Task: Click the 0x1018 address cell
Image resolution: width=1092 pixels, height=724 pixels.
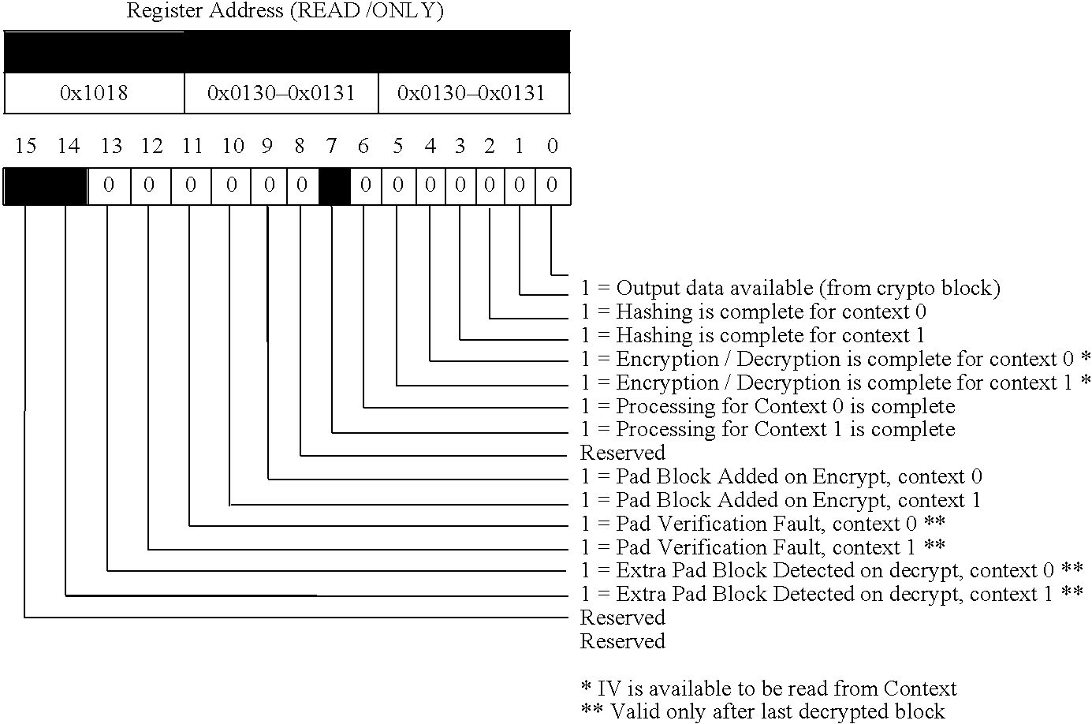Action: coord(94,94)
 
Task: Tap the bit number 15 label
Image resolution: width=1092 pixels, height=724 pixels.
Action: coord(26,146)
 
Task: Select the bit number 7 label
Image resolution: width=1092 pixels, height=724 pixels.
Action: coord(331,146)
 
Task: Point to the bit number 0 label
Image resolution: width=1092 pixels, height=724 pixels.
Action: coord(552,146)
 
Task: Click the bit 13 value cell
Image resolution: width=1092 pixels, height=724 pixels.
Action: coord(109,186)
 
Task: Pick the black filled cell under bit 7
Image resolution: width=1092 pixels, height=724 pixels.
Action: coord(334,186)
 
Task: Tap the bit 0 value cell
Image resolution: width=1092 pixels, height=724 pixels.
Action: coord(552,186)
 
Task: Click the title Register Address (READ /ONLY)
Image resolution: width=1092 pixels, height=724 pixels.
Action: coord(285,11)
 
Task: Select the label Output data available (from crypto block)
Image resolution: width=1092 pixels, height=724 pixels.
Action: coord(790,289)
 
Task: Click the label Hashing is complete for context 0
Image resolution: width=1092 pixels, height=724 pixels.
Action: coord(753,312)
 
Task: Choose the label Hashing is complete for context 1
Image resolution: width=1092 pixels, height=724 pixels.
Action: coord(752,336)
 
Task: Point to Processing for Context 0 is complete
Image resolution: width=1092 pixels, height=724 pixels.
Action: coord(767,407)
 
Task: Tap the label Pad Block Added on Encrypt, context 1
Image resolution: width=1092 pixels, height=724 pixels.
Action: coord(781,501)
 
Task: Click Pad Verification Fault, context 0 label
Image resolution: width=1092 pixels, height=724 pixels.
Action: coord(762,524)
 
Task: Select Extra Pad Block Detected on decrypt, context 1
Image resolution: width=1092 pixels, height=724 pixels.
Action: coord(831,595)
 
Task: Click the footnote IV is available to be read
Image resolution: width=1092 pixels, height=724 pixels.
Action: coord(769,689)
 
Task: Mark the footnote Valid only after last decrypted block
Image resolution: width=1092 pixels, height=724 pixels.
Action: coord(762,712)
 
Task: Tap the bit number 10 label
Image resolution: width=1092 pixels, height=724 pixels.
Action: coord(233,146)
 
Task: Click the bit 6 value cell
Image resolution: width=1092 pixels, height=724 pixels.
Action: coord(365,186)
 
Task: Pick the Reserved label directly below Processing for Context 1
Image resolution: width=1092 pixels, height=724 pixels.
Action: coord(623,453)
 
